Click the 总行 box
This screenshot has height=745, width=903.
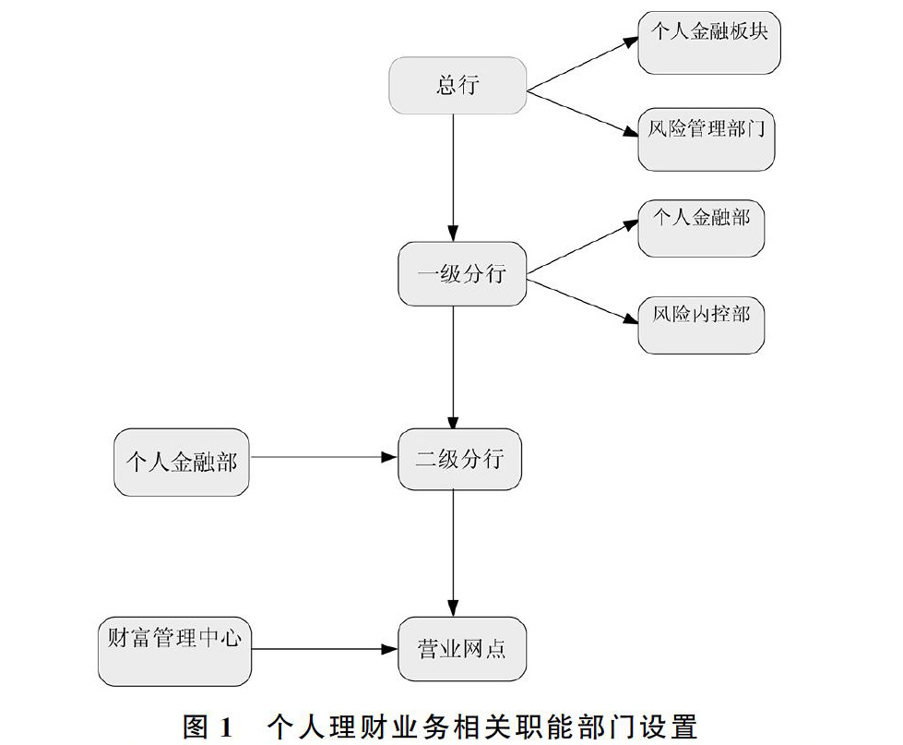[457, 85]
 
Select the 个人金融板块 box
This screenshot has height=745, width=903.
[709, 42]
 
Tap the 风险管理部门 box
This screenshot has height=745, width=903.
[706, 139]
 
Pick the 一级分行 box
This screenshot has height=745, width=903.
[462, 273]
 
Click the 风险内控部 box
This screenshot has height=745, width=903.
[701, 325]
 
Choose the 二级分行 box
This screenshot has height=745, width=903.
[459, 459]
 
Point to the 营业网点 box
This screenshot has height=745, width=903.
[462, 649]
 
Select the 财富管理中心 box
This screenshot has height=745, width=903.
[174, 652]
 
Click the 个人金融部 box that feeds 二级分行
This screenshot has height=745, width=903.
[182, 463]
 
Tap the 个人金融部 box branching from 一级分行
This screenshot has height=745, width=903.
[701, 228]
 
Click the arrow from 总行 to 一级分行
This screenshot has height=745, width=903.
[453, 178]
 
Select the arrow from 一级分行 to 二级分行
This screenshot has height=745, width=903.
[453, 367]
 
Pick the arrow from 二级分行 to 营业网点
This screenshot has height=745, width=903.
[453, 554]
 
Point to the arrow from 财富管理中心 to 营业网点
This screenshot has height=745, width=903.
[325, 649]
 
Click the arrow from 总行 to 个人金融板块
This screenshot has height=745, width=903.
[583, 65]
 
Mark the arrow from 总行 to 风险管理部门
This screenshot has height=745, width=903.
[583, 114]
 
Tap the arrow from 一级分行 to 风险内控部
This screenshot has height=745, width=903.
[583, 301]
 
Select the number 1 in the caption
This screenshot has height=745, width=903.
[225, 727]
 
